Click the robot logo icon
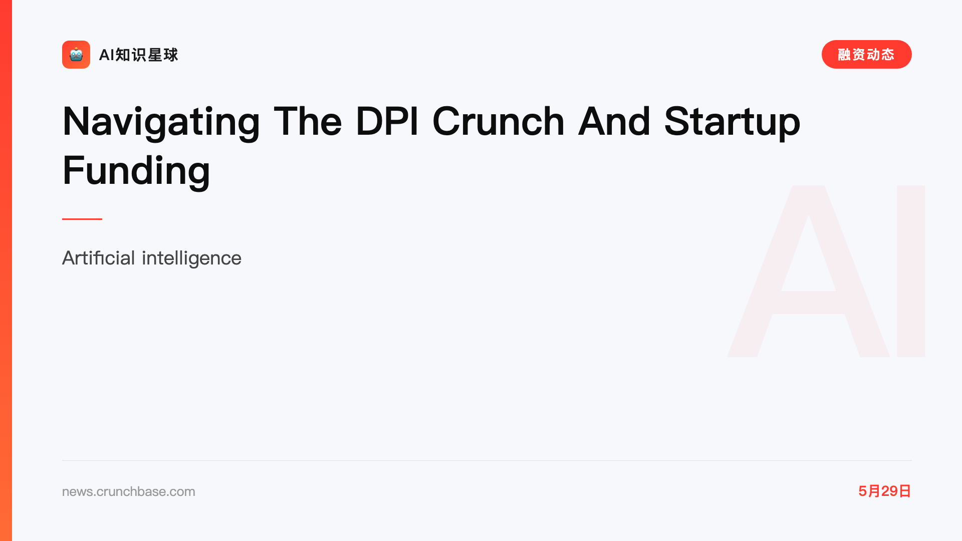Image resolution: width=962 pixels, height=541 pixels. (x=76, y=55)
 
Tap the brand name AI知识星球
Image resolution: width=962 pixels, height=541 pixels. (x=138, y=55)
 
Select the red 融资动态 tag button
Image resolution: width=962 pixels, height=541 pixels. (x=866, y=54)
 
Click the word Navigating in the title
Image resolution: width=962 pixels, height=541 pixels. (x=161, y=122)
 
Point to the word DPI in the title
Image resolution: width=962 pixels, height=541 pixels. (x=387, y=121)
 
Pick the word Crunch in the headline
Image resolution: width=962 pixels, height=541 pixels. (x=499, y=121)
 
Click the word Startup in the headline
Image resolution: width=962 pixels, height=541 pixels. (x=732, y=122)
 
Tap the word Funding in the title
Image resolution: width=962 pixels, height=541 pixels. (x=136, y=171)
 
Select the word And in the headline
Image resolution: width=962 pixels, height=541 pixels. (x=614, y=121)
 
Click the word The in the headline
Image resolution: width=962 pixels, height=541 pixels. (x=308, y=121)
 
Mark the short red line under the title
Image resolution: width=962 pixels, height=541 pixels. (x=82, y=219)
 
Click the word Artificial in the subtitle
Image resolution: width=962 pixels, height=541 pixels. (x=99, y=258)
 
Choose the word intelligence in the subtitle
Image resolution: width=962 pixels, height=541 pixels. (x=191, y=258)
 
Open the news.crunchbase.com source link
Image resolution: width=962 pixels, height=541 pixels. (x=129, y=491)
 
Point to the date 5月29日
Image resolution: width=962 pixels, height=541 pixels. (x=884, y=491)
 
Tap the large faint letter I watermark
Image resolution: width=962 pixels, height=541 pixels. (x=911, y=271)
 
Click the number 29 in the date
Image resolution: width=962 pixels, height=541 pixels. (x=889, y=491)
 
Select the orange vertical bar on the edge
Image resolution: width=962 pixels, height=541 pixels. (x=6, y=270)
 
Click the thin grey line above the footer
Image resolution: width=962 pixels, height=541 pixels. (x=487, y=460)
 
